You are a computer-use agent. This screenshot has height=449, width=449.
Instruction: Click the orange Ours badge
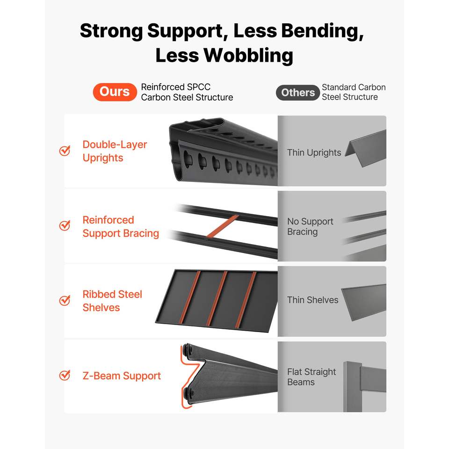pyautogui.click(x=115, y=92)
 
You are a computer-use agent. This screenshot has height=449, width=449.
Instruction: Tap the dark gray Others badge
pyautogui.click(x=298, y=93)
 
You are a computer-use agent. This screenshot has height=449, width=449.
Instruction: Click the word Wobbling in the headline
pyautogui.click(x=248, y=55)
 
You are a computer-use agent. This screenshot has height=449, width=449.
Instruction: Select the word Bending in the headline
pyautogui.click(x=298, y=31)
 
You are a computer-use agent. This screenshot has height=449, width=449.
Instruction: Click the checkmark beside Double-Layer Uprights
pyautogui.click(x=65, y=150)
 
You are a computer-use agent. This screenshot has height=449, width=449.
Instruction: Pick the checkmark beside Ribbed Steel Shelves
pyautogui.click(x=65, y=300)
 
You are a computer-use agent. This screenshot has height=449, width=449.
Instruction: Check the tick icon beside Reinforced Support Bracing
pyautogui.click(x=65, y=225)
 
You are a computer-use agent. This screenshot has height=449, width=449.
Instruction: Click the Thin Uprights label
pyautogui.click(x=314, y=153)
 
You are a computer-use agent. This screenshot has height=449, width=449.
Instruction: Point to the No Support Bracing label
pyautogui.click(x=310, y=226)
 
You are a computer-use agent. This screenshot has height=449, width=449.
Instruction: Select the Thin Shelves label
pyautogui.click(x=313, y=300)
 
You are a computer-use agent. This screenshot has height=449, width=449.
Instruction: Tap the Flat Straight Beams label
pyautogui.click(x=311, y=377)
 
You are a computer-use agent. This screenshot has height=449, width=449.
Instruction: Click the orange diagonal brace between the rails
pyautogui.click(x=222, y=226)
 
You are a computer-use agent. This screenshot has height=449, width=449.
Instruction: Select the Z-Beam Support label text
pyautogui.click(x=122, y=376)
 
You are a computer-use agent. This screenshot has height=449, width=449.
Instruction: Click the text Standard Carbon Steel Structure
pyautogui.click(x=354, y=92)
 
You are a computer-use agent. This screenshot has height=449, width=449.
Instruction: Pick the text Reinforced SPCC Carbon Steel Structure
pyautogui.click(x=187, y=92)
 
